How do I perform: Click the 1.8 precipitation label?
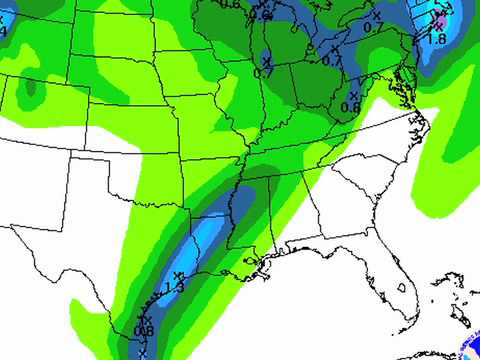(x=436, y=38)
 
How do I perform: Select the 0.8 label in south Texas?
(x=143, y=331)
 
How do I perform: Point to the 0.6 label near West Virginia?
(x=351, y=107)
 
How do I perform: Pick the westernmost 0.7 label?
(x=264, y=72)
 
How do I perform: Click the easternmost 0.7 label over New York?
(x=373, y=27)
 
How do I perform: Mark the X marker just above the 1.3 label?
(x=178, y=275)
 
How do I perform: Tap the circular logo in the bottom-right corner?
(x=471, y=349)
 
